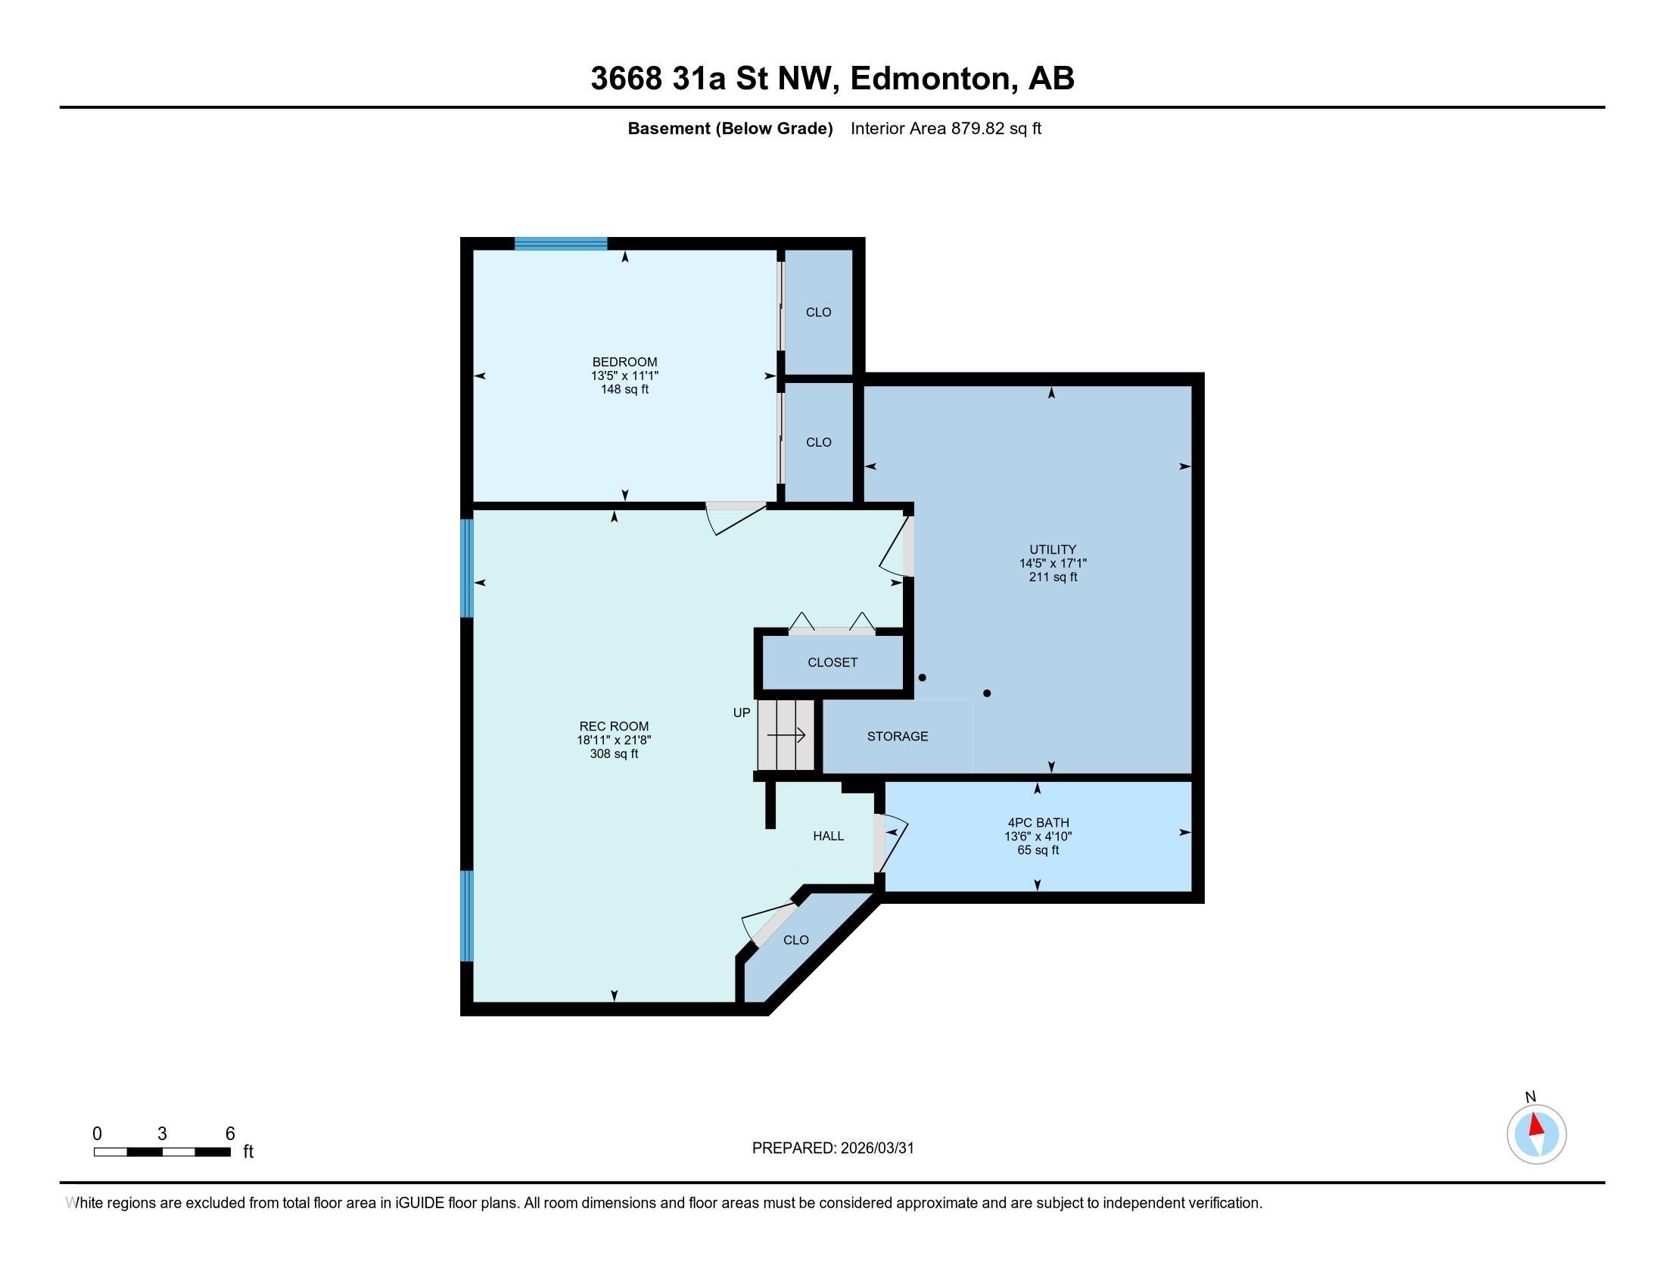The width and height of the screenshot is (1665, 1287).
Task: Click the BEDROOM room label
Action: tap(624, 361)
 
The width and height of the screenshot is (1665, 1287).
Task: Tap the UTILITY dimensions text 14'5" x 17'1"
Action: tap(1053, 563)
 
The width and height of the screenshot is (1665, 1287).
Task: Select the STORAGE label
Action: tap(898, 736)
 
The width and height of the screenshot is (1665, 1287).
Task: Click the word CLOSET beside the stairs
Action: tap(832, 662)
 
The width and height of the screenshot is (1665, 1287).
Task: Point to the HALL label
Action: tap(828, 836)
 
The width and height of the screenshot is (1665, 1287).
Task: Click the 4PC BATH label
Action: tap(1038, 822)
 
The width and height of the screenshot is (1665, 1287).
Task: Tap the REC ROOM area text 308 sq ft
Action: tap(614, 754)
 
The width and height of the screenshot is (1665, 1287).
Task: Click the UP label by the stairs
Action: tap(741, 713)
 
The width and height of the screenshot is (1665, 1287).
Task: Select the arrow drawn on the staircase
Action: tap(787, 735)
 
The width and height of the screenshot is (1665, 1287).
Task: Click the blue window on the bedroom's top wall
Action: tap(560, 244)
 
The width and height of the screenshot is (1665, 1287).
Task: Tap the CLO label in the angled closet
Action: tap(796, 940)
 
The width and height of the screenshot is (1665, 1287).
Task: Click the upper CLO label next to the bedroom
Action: tap(818, 312)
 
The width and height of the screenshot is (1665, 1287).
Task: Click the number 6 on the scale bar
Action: tap(230, 1134)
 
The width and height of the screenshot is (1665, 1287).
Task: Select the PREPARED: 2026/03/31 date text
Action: tap(832, 1148)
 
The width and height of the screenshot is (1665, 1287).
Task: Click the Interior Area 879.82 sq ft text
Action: tap(945, 128)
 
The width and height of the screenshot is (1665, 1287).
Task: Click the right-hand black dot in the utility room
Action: tap(987, 693)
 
